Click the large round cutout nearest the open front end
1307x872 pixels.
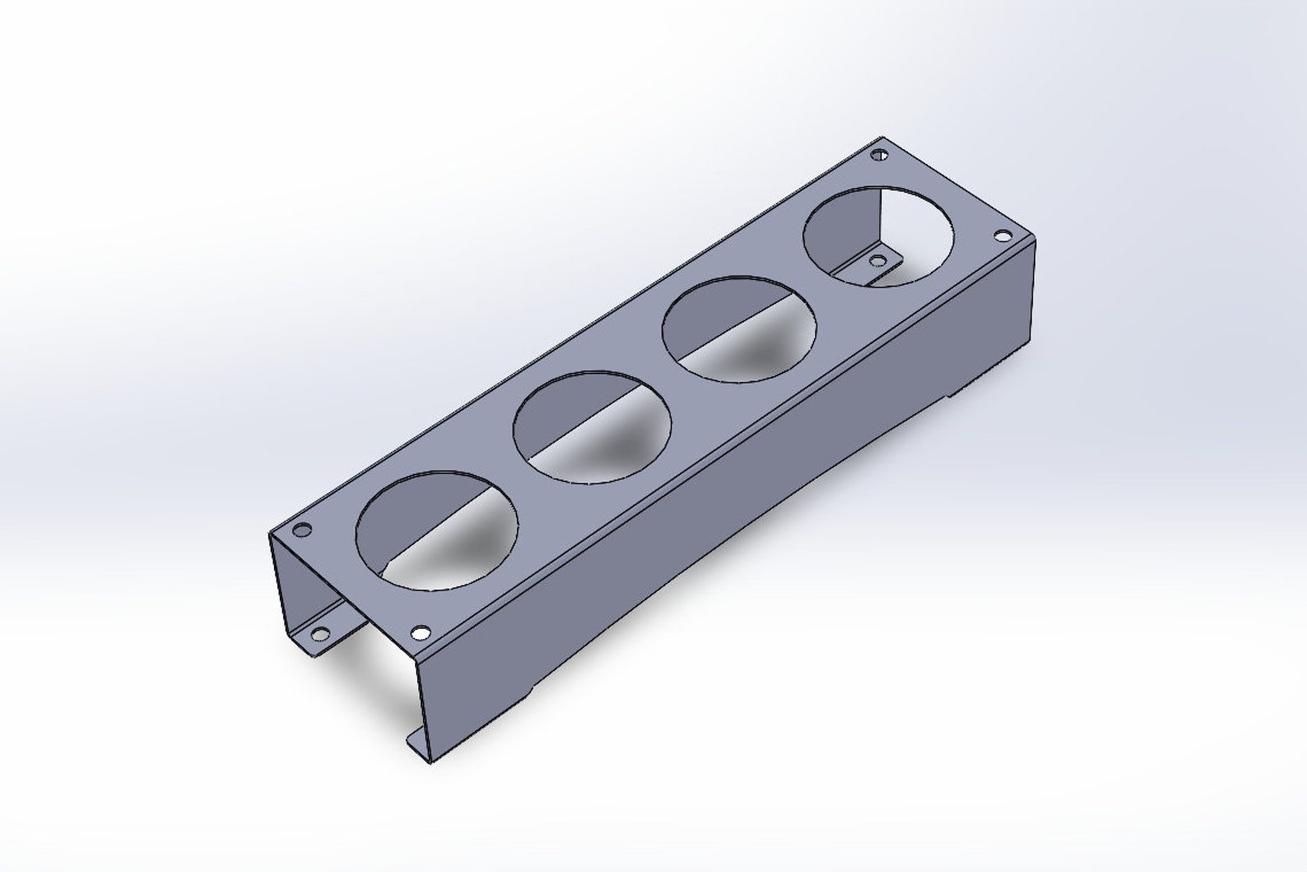[437, 530]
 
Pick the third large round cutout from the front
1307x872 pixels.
[741, 329]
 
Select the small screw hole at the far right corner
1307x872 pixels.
[1002, 235]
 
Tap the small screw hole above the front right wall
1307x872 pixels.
[421, 632]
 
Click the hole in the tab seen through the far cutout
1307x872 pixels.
[878, 261]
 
